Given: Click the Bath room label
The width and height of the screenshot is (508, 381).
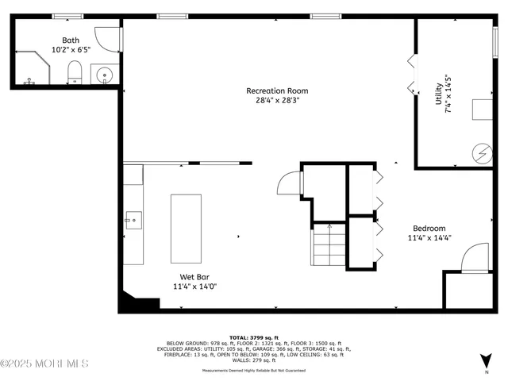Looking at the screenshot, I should (71, 40).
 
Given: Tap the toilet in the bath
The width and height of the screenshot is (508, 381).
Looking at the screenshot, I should (75, 72).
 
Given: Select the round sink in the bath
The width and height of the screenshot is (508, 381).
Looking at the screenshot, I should (105, 76).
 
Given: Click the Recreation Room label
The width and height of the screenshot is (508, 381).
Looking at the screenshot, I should (276, 90).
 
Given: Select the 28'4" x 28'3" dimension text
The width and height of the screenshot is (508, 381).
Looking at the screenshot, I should (276, 101).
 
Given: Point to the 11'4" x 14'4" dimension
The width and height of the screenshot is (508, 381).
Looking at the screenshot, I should (429, 238).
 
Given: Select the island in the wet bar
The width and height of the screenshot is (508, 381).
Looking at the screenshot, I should (187, 228).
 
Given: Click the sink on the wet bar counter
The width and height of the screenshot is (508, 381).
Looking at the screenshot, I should (133, 217).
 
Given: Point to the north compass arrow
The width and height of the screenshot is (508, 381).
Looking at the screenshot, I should (485, 360).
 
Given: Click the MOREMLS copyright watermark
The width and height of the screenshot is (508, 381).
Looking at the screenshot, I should (44, 364).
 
